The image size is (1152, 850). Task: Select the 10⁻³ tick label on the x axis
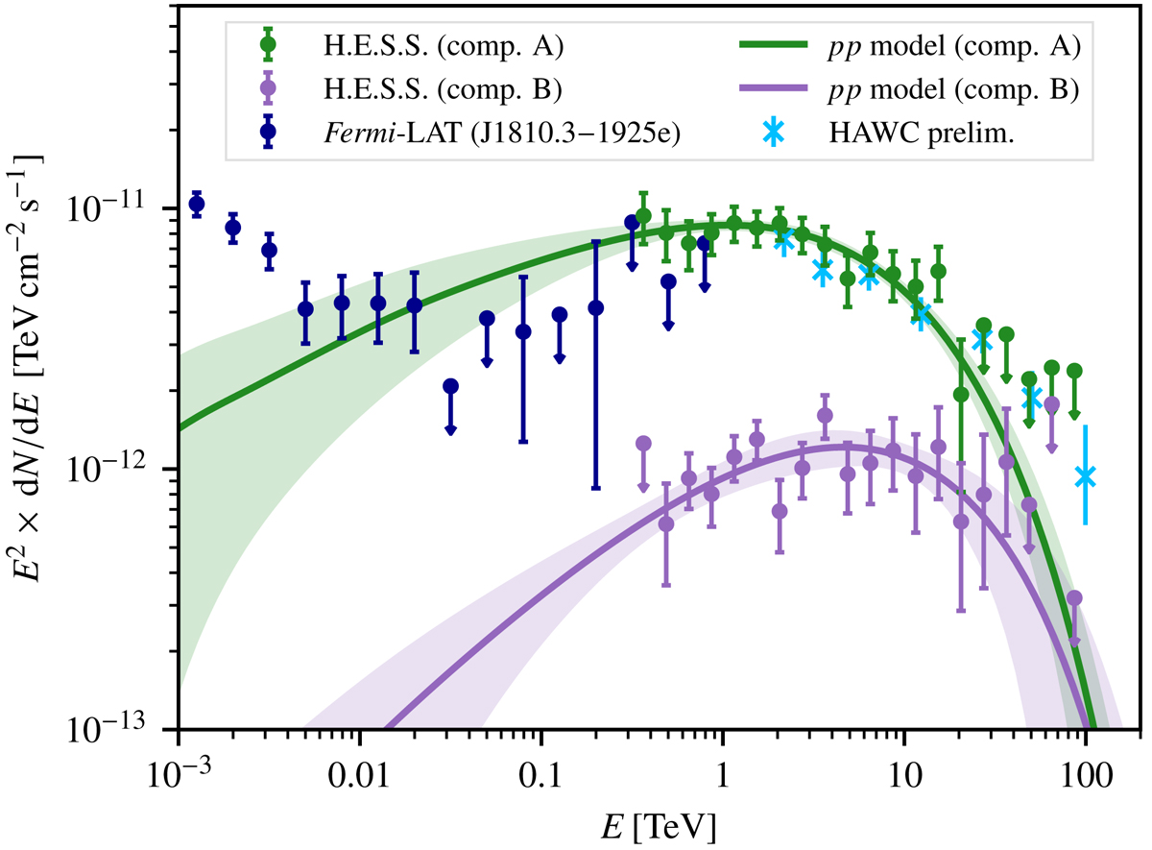click(179, 768)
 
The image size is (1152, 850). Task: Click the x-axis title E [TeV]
click(658, 823)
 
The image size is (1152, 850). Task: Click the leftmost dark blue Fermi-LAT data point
click(197, 204)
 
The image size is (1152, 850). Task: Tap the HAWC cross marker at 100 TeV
click(1085, 475)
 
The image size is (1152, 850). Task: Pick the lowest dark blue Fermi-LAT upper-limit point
click(450, 386)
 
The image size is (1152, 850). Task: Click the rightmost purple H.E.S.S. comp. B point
click(1074, 598)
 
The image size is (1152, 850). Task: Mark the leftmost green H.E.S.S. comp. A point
click(643, 216)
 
